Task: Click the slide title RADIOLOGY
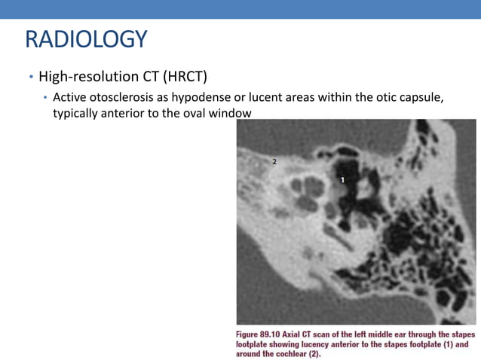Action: click(x=85, y=39)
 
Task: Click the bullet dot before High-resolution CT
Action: click(x=31, y=78)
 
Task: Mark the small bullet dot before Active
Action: click(x=45, y=100)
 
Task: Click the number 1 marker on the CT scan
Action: click(x=342, y=180)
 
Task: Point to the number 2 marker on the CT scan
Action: click(x=274, y=161)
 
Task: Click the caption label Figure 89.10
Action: click(x=261, y=333)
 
